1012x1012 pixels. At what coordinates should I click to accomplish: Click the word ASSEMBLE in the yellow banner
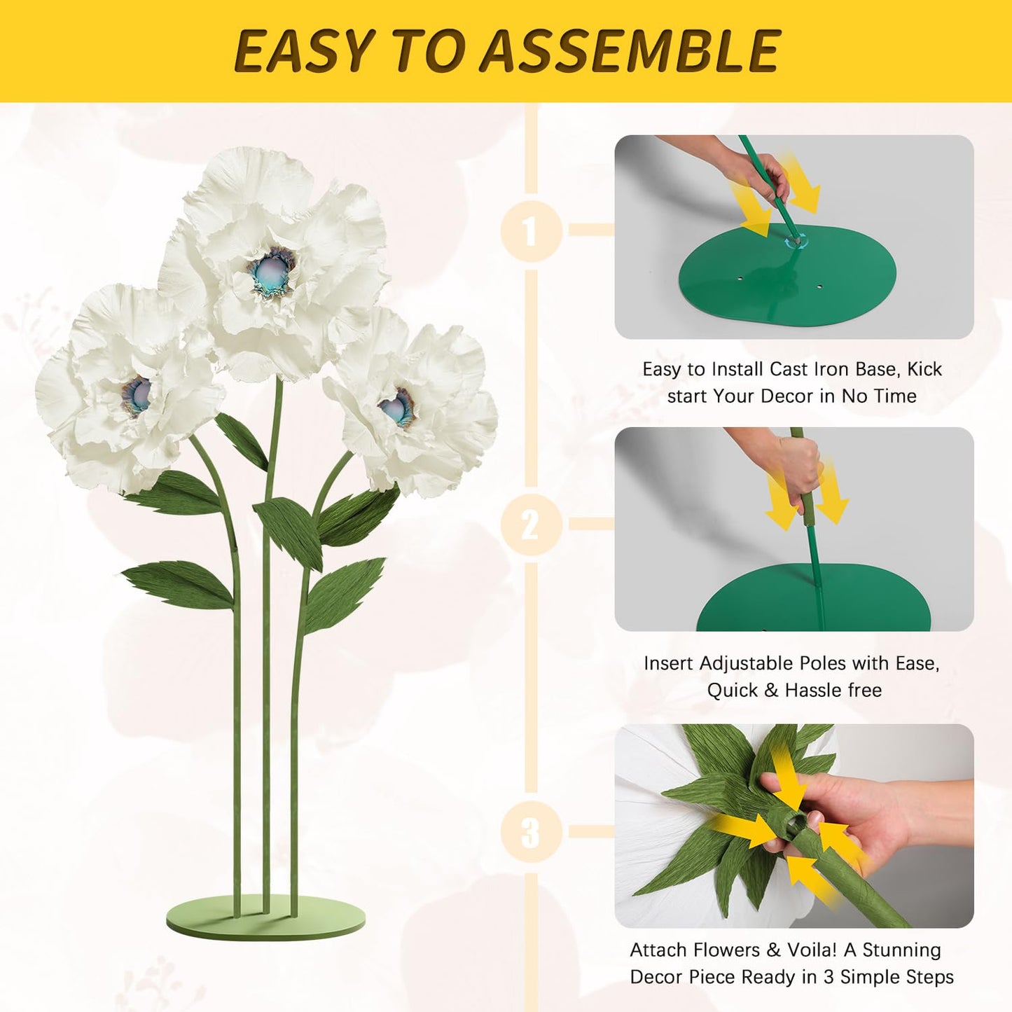(630, 52)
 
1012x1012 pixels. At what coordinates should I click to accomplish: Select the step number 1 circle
(531, 230)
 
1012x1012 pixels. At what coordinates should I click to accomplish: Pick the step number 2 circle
(531, 525)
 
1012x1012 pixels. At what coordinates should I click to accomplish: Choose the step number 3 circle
(531, 832)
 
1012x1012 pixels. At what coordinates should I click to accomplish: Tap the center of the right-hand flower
(397, 408)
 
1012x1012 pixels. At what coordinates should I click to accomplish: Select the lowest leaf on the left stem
(179, 583)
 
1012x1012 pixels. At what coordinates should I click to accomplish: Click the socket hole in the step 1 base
(796, 242)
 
